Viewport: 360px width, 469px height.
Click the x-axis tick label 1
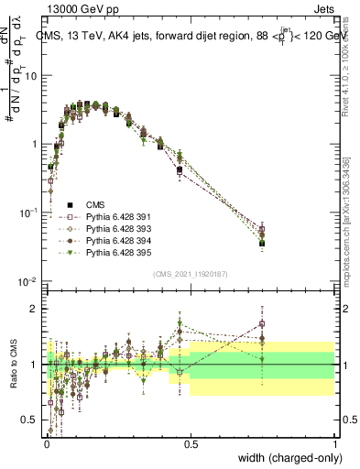[335, 442]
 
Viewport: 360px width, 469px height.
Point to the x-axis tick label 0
[46, 442]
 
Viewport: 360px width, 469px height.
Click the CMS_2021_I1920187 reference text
[190, 274]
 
